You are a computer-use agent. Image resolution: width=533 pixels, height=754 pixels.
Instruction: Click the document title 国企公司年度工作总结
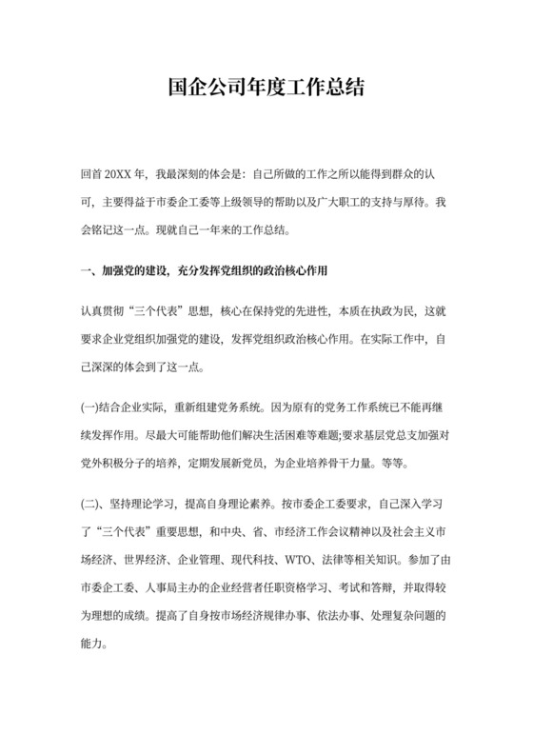[266, 89]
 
